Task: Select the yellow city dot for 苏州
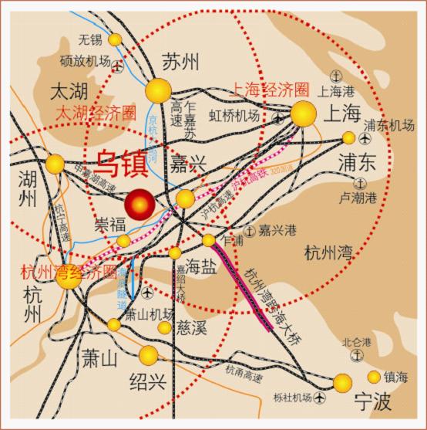coord(160,90)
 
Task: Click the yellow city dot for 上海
coord(303,114)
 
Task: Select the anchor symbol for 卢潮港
coord(360,183)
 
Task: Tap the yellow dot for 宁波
coord(342,382)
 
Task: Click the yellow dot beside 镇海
coord(374,377)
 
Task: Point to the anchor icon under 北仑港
coord(356,354)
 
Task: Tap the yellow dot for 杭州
coord(69,278)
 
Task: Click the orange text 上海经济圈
coord(264,90)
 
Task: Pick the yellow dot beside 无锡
coord(115,39)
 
